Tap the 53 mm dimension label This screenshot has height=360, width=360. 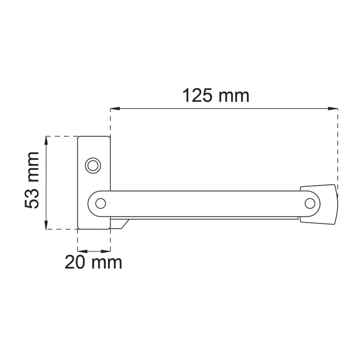pyautogui.click(x=32, y=180)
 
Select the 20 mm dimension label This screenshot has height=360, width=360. pyautogui.click(x=93, y=263)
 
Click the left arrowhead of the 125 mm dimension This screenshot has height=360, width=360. pyautogui.click(x=115, y=109)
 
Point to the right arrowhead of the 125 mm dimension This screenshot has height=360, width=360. pyautogui.click(x=333, y=109)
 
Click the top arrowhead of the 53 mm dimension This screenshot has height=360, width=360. pyautogui.click(x=47, y=141)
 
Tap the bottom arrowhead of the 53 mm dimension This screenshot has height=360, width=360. pyautogui.click(x=47, y=225)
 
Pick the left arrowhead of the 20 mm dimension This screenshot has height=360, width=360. pyautogui.click(x=82, y=251)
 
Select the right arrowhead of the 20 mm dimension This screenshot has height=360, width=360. pyautogui.click(x=106, y=251)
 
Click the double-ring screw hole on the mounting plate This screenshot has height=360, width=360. pyautogui.click(x=93, y=166)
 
